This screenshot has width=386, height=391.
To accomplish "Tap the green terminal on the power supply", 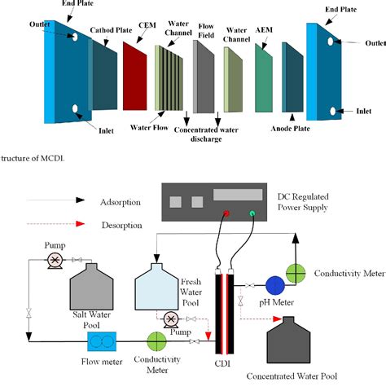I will pos(252,214).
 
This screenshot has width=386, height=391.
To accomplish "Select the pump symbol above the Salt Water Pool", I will pos(55,261).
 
